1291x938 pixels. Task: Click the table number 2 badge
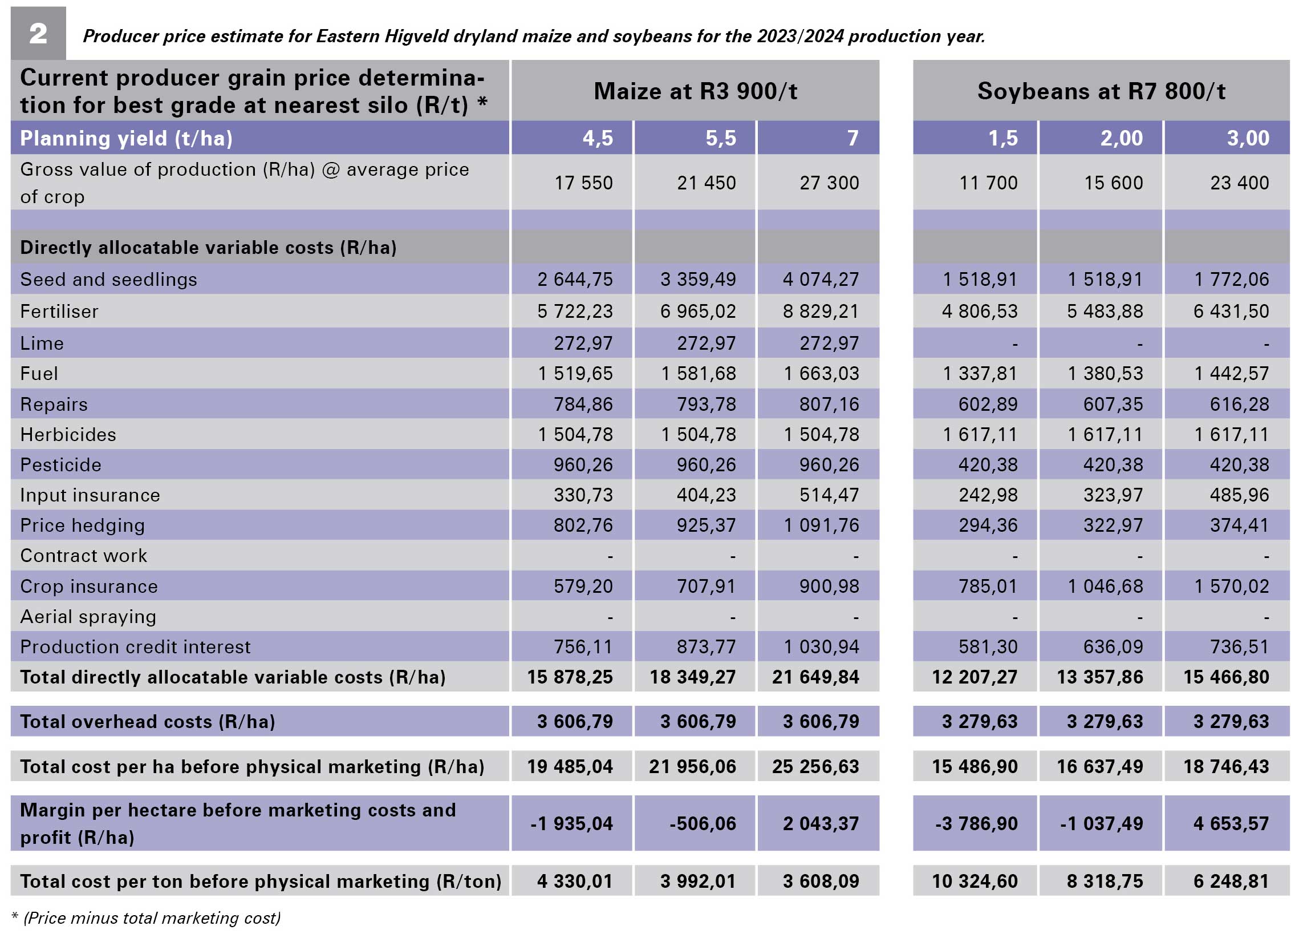click(38, 33)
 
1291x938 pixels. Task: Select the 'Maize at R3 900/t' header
click(695, 91)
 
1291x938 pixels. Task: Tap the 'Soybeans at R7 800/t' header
click(1101, 91)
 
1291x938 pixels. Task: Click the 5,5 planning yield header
click(721, 138)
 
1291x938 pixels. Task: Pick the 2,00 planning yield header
click(1122, 138)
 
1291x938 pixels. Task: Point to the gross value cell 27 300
click(829, 183)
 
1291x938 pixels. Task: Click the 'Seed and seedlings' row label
click(108, 280)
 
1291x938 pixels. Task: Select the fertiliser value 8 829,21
click(821, 312)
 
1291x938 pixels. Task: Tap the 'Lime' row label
click(42, 343)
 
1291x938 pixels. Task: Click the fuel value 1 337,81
click(980, 374)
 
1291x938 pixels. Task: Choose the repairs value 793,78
click(707, 405)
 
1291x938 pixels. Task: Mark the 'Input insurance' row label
click(90, 495)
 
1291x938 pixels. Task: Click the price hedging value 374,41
click(1240, 525)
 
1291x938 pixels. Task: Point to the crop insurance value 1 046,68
click(1106, 587)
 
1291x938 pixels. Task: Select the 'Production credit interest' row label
click(135, 647)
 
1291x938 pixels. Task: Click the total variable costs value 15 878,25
click(570, 677)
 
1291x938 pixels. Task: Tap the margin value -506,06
click(703, 824)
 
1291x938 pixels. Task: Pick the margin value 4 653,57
click(1232, 824)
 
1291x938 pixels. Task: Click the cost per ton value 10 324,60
click(975, 882)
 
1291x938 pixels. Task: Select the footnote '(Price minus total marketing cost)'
click(152, 918)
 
